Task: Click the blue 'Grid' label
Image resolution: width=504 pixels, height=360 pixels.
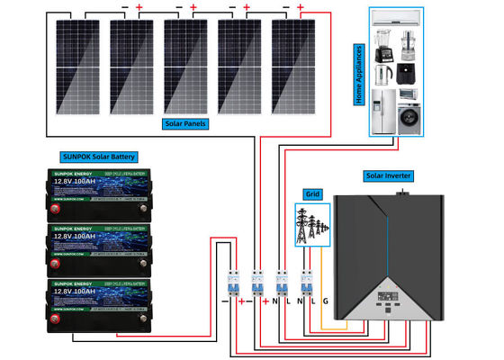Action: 312,193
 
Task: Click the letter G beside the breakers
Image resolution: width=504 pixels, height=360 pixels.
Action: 326,299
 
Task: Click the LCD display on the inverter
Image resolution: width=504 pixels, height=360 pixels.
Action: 391,298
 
